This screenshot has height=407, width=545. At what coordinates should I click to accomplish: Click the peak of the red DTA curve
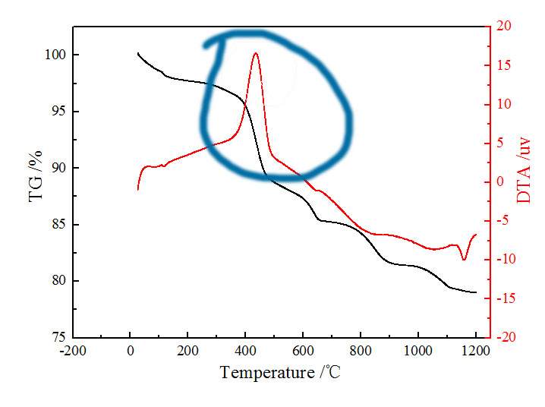point(256,53)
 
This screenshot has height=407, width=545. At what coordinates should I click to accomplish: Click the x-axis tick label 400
point(245,351)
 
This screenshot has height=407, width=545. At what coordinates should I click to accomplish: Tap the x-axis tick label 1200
point(475,351)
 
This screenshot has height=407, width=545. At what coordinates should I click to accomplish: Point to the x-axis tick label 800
point(361,351)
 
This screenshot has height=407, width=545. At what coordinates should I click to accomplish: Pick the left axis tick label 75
point(58,337)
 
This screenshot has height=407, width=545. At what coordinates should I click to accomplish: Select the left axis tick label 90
point(58,168)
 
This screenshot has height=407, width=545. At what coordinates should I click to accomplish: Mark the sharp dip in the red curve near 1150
point(464,260)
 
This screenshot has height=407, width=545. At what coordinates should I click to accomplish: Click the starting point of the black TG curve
point(137,53)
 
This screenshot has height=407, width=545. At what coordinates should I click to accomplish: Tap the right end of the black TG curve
point(476,292)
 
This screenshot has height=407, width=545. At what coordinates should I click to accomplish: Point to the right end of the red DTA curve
point(476,235)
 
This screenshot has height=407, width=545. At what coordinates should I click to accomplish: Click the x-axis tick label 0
point(130,351)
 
